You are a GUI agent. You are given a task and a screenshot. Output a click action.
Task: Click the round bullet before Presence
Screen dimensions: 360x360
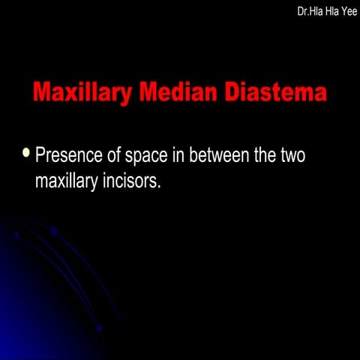click(27, 154)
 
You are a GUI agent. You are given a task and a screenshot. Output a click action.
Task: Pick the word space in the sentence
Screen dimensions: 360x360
click(165, 158)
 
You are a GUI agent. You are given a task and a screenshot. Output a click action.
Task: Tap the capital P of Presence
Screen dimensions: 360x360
click(41, 157)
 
